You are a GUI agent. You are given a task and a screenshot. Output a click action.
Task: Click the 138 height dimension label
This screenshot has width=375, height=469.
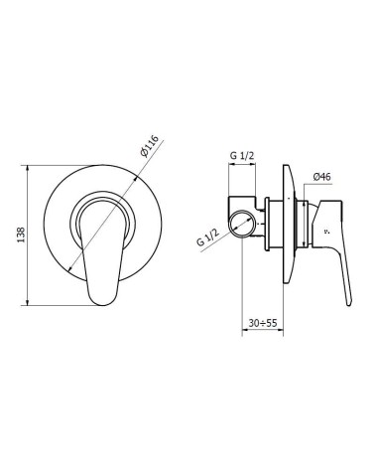tap(21, 234)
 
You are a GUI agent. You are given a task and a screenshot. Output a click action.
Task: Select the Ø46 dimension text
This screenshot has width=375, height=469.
tap(321, 177)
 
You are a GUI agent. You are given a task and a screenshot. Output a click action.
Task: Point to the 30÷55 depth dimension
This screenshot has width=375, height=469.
tap(263, 323)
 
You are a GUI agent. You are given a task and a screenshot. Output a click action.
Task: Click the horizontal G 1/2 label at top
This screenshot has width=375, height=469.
tap(242, 156)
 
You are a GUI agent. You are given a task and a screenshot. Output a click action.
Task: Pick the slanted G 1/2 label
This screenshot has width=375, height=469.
tap(208, 236)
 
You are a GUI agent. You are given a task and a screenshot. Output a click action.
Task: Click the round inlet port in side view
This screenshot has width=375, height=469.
tap(242, 225)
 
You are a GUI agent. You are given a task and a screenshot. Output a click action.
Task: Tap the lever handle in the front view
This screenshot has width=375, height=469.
tap(102, 254)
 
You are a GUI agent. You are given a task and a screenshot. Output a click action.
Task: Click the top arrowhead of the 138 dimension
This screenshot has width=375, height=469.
tap(27, 168)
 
